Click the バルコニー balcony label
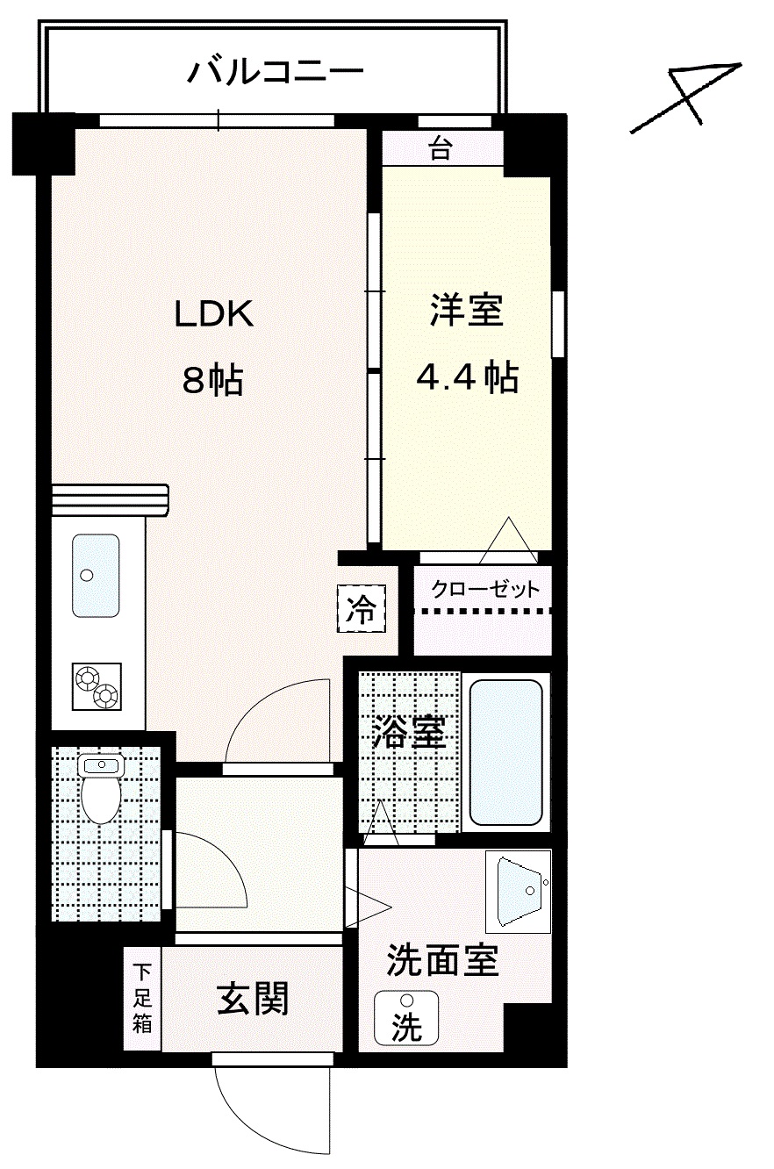pos(275,71)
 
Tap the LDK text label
pos(214,314)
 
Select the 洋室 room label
pos(467,311)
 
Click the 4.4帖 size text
pos(467,377)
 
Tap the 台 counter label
pos(441,148)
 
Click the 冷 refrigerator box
pos(362,608)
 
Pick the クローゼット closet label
pos(485,589)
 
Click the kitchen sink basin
pos(96,576)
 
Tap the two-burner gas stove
pos(97,686)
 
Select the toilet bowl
pos(101,789)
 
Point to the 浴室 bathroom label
pos(409,731)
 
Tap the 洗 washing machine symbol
pos(406,1018)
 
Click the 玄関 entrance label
pos(253,999)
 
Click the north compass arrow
pos(685,97)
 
